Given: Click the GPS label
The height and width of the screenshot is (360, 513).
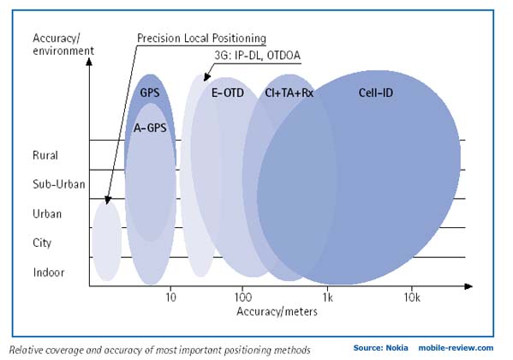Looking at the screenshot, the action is coord(150,93).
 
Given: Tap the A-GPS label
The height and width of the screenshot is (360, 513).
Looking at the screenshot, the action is coord(150,128).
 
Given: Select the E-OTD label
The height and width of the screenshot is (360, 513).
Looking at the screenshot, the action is coord(228,93).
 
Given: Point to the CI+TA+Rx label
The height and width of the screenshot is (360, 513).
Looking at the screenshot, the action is coord(289,93).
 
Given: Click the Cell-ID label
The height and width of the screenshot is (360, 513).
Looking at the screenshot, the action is coord(376,93).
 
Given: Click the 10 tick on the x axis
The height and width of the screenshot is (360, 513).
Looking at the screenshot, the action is coord(170,297).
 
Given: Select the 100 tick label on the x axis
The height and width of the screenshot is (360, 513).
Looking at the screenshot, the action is coord(242,297).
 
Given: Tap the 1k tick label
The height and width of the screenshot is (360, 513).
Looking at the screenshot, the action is coord(328,297).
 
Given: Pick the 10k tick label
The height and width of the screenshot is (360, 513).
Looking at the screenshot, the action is coord(412,297).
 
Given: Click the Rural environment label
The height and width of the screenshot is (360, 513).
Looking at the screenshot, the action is coord(45,155).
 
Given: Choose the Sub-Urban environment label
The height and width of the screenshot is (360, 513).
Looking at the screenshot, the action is coord(59,184).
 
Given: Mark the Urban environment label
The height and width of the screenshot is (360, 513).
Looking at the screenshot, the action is coord(47,214).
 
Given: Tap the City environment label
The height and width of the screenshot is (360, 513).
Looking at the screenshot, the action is coord(42,243).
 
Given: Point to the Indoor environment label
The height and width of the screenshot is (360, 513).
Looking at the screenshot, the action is coord(49,273).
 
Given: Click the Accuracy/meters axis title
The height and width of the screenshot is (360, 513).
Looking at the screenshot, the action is coord(277,311).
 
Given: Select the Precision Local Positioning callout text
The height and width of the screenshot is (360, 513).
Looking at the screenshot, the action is coord(201,39).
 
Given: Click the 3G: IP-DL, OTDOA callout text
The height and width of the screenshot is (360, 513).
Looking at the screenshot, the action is coord(257,56).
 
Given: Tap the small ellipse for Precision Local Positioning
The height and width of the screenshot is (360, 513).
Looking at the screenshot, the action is coord(107,241).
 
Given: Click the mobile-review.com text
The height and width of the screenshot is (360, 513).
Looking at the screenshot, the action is coord(456,347).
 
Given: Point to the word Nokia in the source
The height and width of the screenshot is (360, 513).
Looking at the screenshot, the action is coord(397,347).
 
